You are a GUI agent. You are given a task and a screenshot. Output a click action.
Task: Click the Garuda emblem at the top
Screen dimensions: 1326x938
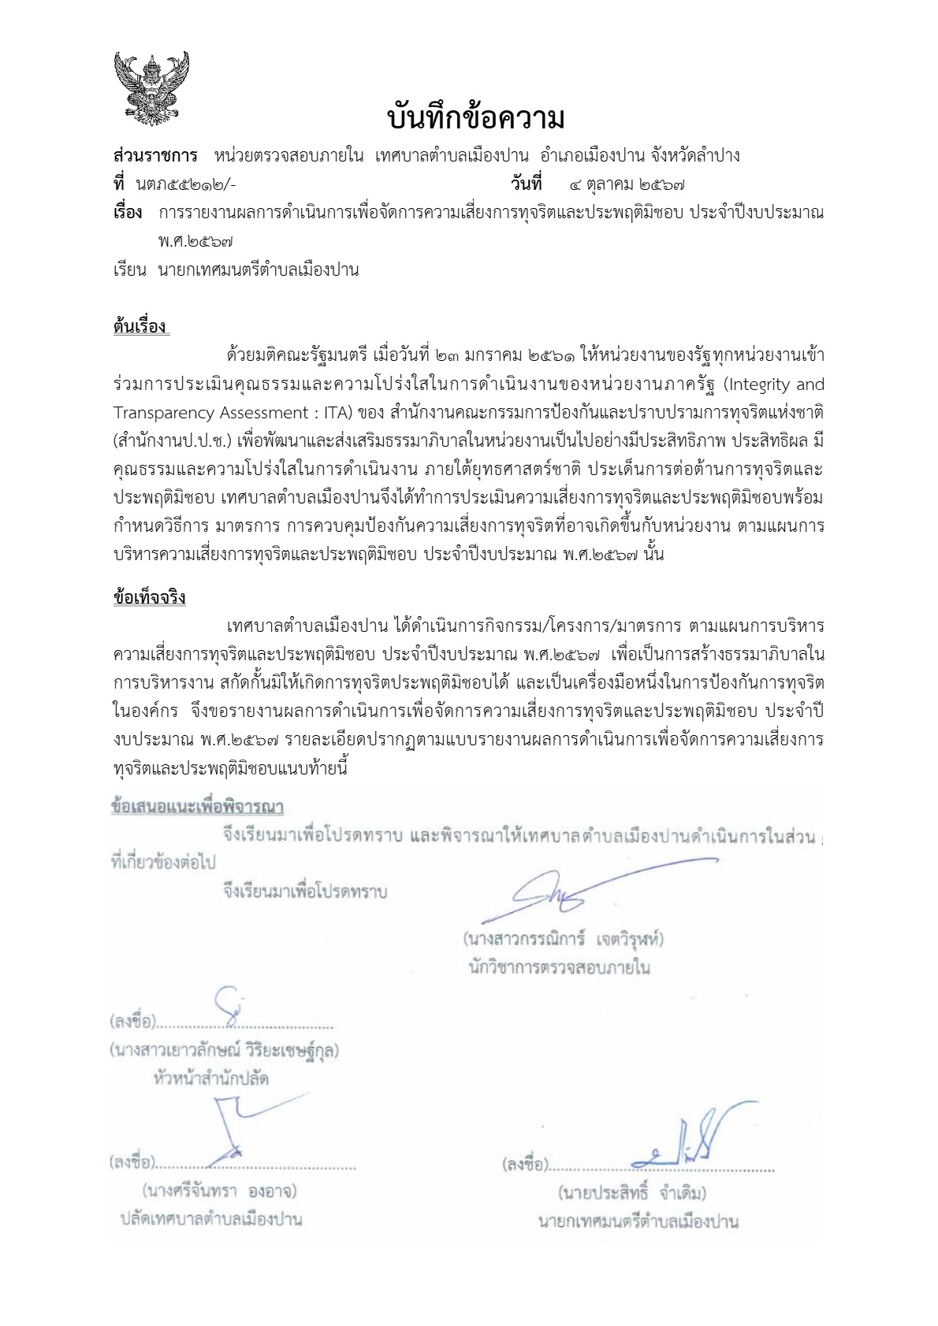click(152, 88)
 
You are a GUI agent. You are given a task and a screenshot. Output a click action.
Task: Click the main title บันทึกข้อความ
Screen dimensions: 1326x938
click(476, 119)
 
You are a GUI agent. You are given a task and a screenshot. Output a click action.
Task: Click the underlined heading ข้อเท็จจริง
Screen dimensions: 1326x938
click(149, 597)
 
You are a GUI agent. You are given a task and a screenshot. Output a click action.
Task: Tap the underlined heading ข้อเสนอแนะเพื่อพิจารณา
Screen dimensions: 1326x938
click(197, 807)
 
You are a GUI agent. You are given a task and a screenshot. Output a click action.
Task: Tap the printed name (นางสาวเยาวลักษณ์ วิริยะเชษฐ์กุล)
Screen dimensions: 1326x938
click(225, 1049)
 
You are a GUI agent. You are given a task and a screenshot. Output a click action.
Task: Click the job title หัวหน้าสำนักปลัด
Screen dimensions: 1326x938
click(211, 1078)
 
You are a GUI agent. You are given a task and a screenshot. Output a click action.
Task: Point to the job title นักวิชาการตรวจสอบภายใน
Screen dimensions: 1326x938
click(559, 967)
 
